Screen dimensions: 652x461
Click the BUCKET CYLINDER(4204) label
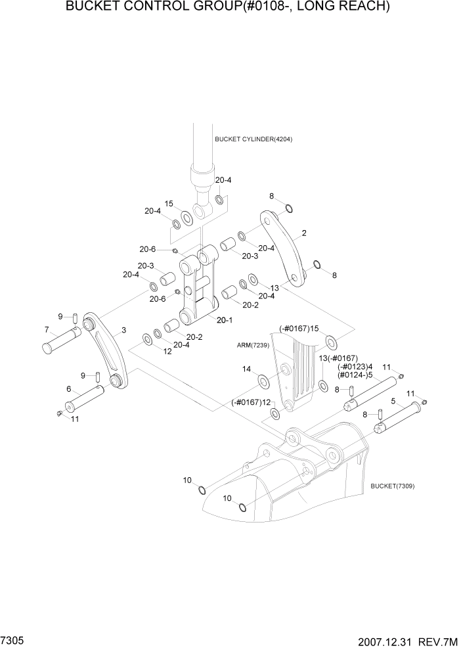(253, 139)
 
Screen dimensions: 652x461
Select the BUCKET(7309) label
(392, 486)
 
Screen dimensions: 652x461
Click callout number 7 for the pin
(47, 329)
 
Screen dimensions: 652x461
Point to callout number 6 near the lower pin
(68, 388)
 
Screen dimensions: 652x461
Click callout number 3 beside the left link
(123, 330)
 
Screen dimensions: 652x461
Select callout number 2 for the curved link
(304, 233)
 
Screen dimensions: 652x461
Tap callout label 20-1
(225, 319)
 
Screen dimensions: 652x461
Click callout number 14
(246, 370)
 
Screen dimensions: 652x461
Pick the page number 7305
(14, 638)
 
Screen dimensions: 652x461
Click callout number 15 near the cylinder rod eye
(169, 204)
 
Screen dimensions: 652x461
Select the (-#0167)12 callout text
(251, 402)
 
